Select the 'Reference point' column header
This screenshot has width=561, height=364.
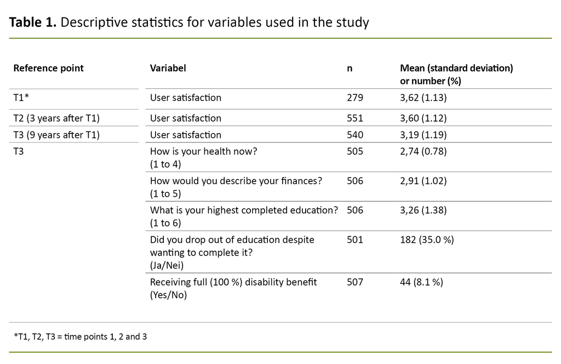click(48, 69)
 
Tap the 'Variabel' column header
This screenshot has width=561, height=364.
click(168, 69)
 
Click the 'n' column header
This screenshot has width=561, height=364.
click(350, 69)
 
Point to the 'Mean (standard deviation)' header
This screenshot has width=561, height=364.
click(456, 69)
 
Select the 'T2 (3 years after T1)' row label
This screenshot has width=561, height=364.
click(56, 118)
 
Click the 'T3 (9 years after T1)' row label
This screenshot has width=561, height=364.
click(56, 135)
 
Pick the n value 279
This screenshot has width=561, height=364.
click(355, 98)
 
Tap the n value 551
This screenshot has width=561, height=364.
click(355, 118)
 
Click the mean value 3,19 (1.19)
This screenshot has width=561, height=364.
click(424, 135)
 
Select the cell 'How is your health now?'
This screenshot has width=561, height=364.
click(203, 152)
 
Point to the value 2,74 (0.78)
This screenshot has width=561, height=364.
click(423, 152)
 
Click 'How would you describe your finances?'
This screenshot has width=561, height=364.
click(236, 181)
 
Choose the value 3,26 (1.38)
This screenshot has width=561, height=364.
click(424, 211)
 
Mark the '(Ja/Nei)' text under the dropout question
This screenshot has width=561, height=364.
click(167, 265)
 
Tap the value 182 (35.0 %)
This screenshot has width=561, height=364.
click(427, 240)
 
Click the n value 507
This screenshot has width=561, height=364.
click(355, 282)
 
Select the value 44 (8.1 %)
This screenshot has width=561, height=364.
click(421, 282)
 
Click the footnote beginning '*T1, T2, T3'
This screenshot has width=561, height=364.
click(80, 337)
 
